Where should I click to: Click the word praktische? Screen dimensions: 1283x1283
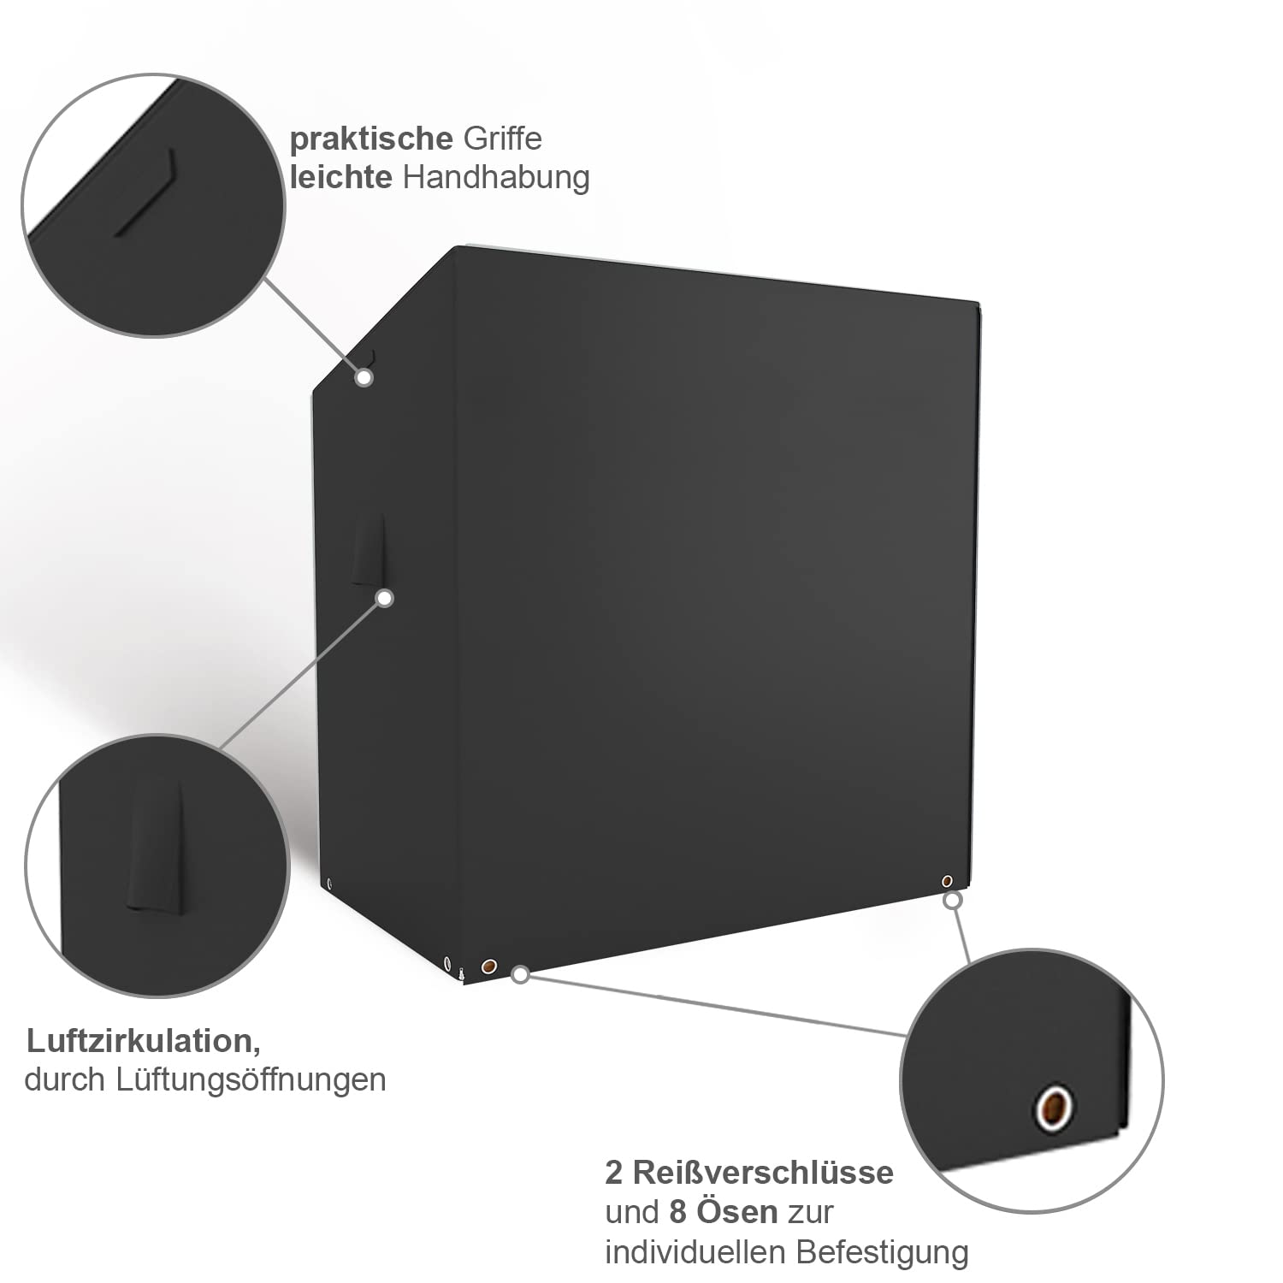pos(370,139)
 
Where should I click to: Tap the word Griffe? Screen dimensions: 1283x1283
pos(502,139)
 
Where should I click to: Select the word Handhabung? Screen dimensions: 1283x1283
pos(496,177)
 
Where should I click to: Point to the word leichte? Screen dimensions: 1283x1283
pos(340,177)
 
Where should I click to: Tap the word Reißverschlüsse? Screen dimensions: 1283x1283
pos(763,1172)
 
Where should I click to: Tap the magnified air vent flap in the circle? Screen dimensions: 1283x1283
pos(157,847)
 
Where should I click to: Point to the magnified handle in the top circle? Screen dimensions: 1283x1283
pos(146,192)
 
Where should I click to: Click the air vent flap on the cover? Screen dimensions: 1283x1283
pos(369,550)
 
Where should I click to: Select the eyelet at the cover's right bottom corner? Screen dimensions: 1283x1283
pos(947,880)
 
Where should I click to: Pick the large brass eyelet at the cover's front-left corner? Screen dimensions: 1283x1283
pos(488,967)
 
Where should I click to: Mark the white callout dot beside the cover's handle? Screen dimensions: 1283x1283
pos(364,377)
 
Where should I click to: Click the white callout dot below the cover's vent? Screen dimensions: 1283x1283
pos(385,598)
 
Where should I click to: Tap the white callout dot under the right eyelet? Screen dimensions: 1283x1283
pos(952,900)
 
